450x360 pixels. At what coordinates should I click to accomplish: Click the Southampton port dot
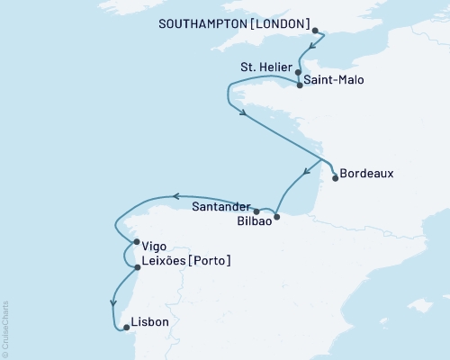click(x=315, y=31)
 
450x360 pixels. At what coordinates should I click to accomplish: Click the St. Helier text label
click(x=265, y=66)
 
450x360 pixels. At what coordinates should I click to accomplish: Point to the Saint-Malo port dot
click(x=299, y=85)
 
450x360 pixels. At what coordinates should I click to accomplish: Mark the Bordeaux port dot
click(x=335, y=178)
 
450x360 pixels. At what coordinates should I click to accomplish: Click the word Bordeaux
click(x=367, y=173)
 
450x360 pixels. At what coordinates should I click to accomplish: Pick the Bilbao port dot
click(x=277, y=217)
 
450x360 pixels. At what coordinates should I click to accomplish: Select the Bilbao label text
click(x=253, y=220)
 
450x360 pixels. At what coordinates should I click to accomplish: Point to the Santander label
click(x=220, y=205)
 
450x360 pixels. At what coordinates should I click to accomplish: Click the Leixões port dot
click(x=137, y=267)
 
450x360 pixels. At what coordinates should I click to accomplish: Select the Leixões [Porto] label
click(x=187, y=262)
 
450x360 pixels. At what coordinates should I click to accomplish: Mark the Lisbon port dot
click(x=126, y=327)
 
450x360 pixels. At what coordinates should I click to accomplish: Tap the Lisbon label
click(x=149, y=321)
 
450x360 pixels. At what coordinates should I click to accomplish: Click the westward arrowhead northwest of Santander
click(x=177, y=196)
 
